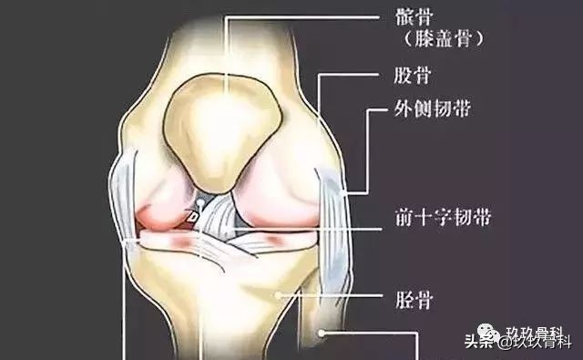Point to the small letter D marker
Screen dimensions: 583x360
tap(193, 216)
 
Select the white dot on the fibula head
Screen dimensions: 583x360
tap(322, 334)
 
